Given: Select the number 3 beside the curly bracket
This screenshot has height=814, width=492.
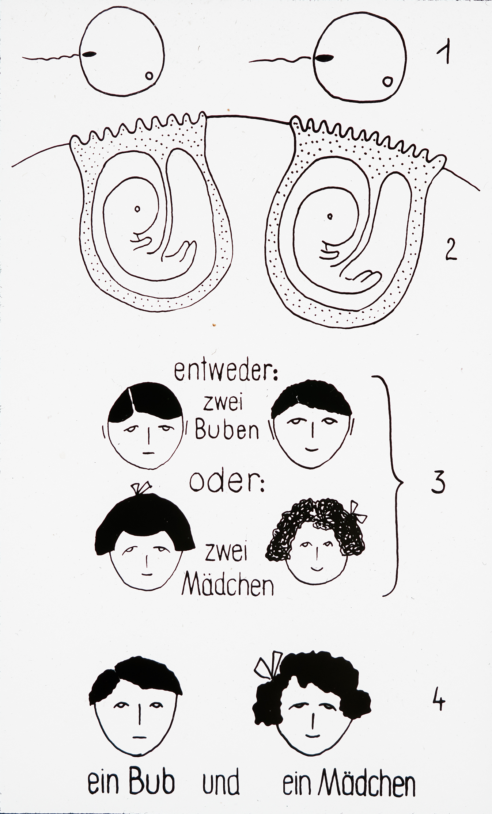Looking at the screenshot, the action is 438,482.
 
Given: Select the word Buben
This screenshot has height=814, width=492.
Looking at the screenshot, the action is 227,430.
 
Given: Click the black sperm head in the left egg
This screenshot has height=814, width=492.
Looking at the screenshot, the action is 89,54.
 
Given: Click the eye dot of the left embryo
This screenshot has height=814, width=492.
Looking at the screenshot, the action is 137,209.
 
